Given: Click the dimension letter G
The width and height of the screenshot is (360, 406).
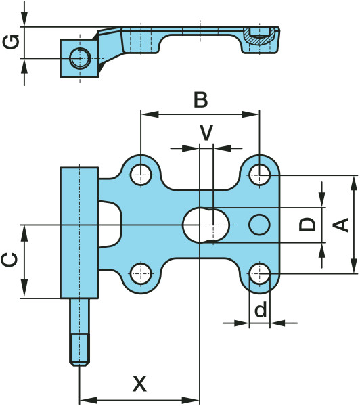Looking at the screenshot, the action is point(11,42).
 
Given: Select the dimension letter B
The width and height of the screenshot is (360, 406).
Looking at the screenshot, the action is point(201,100).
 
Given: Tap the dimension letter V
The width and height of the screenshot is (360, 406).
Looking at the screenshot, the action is point(206,133).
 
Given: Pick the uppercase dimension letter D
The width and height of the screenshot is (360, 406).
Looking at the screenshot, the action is point(307,225).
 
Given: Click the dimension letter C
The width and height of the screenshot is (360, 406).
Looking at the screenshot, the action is point(9,260).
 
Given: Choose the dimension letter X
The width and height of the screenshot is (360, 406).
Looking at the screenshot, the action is point(139,384).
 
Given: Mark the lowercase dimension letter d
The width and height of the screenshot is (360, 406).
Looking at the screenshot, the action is point(261,309).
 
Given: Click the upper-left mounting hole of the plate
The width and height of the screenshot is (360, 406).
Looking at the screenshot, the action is point(141,175).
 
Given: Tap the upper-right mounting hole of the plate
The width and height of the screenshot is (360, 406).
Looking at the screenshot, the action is point(260,175).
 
